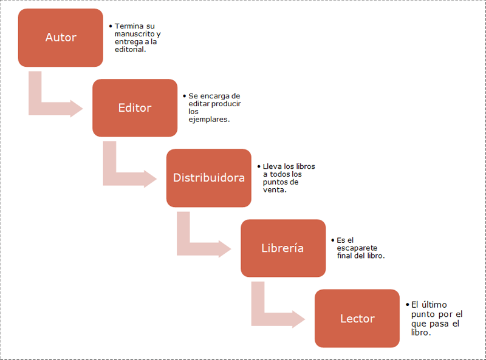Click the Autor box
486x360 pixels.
61,38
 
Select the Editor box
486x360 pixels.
135,107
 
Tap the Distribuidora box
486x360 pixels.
209,178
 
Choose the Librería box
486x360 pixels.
282,248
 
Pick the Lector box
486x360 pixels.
357,319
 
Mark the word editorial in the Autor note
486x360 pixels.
129,50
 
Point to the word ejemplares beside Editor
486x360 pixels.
208,120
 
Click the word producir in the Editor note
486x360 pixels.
226,104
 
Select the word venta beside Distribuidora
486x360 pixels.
274,190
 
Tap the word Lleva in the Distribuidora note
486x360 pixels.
270,166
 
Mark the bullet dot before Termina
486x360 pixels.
111,26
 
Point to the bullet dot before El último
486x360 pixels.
407,304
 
